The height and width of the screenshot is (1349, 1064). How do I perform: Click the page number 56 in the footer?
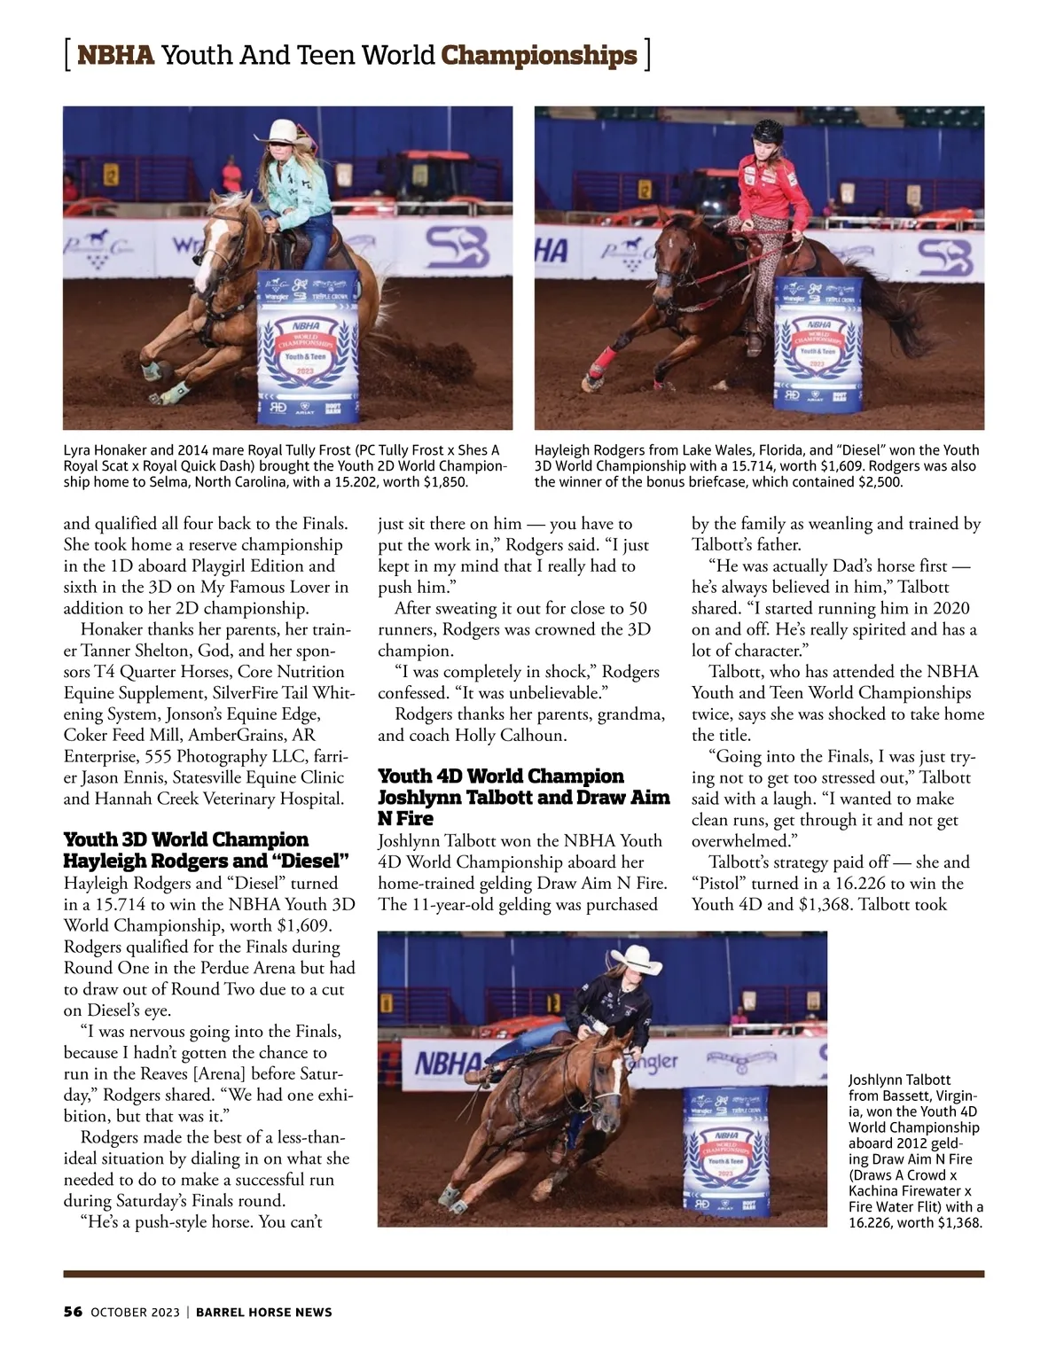pyautogui.click(x=73, y=1312)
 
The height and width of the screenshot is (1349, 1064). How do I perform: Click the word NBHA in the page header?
pyautogui.click(x=115, y=55)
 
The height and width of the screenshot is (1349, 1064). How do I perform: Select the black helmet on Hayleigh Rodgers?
pyautogui.click(x=768, y=133)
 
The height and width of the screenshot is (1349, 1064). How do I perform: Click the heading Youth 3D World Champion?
pyautogui.click(x=186, y=839)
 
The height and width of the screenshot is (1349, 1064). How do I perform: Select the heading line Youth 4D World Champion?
pyautogui.click(x=501, y=776)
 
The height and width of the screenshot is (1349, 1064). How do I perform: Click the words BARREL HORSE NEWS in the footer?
pyautogui.click(x=263, y=1312)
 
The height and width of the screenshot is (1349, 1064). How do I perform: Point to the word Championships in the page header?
pyautogui.click(x=539, y=55)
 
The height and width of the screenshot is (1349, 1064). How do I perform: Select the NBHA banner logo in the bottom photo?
pyautogui.click(x=448, y=1063)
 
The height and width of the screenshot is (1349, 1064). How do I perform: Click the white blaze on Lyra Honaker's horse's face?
pyautogui.click(x=215, y=234)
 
